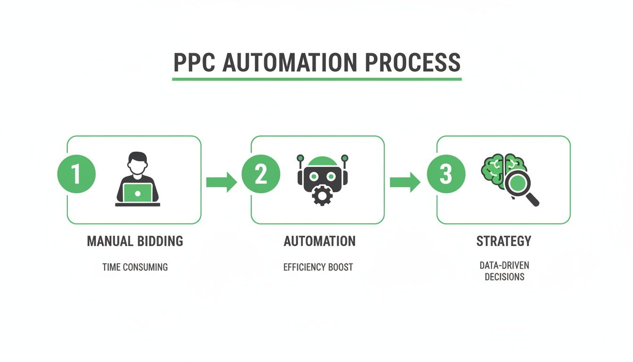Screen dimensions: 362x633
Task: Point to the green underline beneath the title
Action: [316, 79]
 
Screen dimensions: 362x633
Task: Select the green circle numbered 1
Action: [76, 174]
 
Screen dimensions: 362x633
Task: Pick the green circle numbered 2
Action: [260, 174]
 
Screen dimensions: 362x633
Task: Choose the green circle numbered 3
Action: [446, 174]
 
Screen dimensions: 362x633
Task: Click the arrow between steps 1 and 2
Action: [221, 182]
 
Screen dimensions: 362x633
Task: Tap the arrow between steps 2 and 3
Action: [405, 182]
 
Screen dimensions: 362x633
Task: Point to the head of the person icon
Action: [138, 163]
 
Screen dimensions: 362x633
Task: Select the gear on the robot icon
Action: [323, 196]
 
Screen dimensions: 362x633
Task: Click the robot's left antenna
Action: [300, 158]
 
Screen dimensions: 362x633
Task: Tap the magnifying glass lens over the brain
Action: [517, 183]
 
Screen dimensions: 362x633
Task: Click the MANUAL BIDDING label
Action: [135, 241]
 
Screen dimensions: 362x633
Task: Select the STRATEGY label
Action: [503, 241]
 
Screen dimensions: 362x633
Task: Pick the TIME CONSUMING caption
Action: [135, 267]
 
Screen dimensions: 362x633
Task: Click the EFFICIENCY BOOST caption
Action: [318, 267]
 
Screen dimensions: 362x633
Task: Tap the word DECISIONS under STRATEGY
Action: [504, 277]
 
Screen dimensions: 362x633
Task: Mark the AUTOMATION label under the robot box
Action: [319, 241]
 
